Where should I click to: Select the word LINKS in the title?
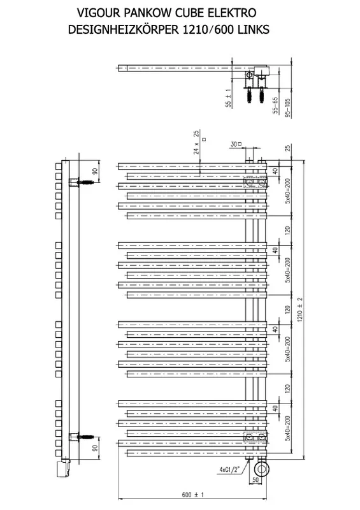pyautogui.click(x=254, y=29)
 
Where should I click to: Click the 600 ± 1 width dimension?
pyautogui.click(x=192, y=495)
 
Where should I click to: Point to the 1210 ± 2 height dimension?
pyautogui.click(x=299, y=310)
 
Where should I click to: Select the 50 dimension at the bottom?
pyautogui.click(x=256, y=480)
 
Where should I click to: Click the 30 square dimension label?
pyautogui.click(x=236, y=144)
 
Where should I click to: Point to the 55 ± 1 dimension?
pyautogui.click(x=228, y=98)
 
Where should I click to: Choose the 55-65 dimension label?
pyautogui.click(x=275, y=105)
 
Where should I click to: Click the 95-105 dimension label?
pyautogui.click(x=287, y=106)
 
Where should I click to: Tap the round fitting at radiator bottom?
pyautogui.click(x=262, y=469)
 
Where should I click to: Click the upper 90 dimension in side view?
pyautogui.click(x=95, y=171)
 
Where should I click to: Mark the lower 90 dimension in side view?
pyautogui.click(x=95, y=448)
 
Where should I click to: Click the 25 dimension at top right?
pyautogui.click(x=287, y=149)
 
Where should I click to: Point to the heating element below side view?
pyautogui.click(x=63, y=468)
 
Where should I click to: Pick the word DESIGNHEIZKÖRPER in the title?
pyautogui.click(x=124, y=29)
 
